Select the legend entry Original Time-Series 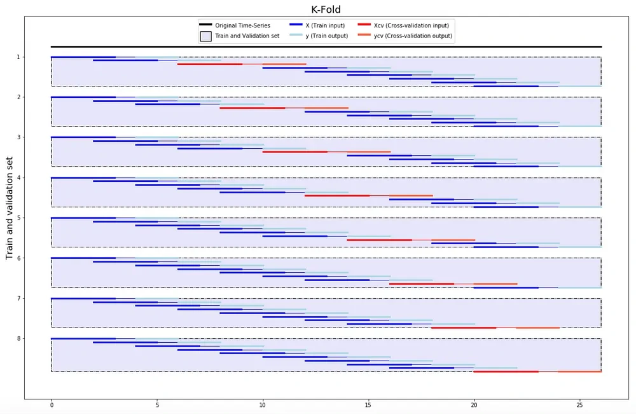coord(242,25)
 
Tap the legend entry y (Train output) coord(326,36)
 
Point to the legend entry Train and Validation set coord(247,36)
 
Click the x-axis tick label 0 coord(52,404)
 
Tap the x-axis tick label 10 coord(263,404)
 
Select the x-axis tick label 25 coord(579,404)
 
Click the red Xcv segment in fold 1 coord(210,64)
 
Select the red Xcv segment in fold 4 coord(337,195)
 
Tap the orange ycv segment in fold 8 coord(579,371)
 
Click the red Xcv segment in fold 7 coord(464,328)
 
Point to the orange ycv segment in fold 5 coord(453,240)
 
